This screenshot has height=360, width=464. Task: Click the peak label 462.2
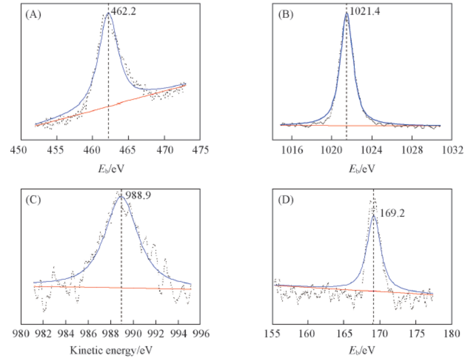(x=123, y=9)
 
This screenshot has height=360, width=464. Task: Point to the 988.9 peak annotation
(x=138, y=195)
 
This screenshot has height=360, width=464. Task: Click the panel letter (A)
(x=33, y=15)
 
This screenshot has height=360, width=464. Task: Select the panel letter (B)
(x=285, y=15)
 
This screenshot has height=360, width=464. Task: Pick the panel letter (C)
(x=33, y=201)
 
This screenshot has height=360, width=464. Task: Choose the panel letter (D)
(x=285, y=201)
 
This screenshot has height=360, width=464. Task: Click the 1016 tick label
(x=291, y=149)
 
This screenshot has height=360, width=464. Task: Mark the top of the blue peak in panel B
(x=347, y=13)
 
